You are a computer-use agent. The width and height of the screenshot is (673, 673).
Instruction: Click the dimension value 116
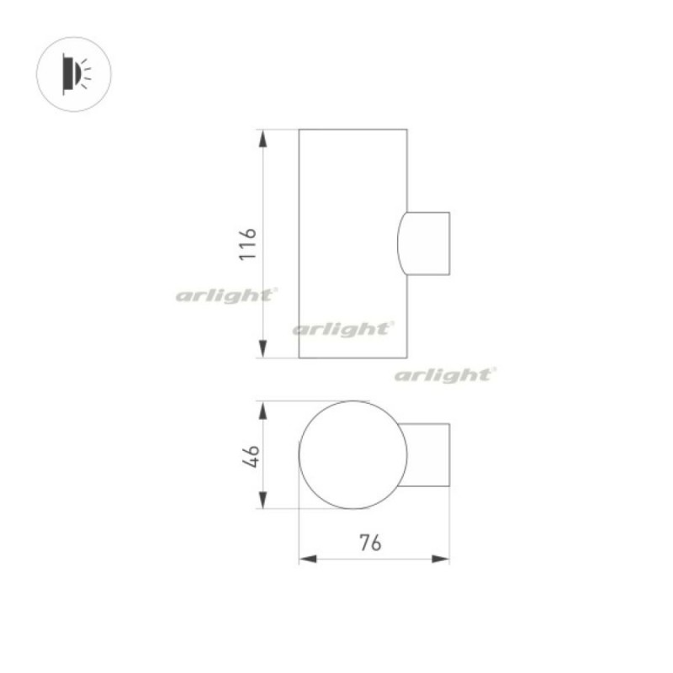247,244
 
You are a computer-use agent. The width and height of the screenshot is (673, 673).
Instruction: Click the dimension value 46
251,456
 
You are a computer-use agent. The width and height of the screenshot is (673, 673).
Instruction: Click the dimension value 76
370,543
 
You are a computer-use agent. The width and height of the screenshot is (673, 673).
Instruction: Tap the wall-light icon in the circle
77,74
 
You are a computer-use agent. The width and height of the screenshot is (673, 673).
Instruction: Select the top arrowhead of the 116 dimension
262,139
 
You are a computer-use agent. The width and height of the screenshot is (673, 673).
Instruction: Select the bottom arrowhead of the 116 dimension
262,348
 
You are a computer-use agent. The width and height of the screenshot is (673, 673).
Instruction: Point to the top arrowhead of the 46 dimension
262,411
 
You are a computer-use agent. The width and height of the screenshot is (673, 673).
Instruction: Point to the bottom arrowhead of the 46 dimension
262,500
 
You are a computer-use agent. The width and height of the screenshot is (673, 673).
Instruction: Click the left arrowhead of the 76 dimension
308,559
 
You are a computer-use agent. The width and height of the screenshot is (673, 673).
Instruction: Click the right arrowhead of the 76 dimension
440,559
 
